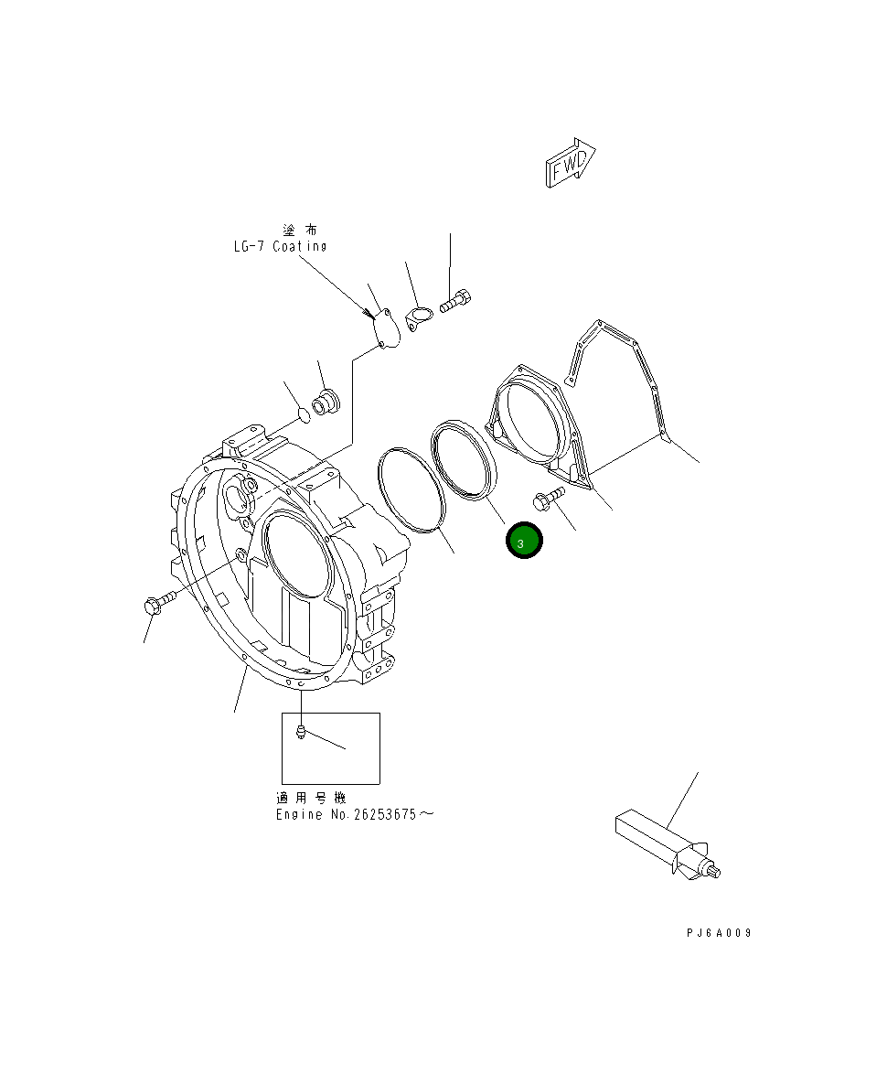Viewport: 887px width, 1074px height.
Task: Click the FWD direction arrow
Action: coord(571,165)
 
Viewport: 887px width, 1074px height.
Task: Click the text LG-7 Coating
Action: coord(279,246)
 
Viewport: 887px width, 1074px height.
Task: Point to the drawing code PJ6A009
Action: coord(719,932)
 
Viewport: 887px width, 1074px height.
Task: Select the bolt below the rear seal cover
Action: coord(548,499)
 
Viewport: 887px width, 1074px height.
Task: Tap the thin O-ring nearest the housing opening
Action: coord(410,489)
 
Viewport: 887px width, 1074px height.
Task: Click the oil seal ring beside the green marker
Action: coord(465,461)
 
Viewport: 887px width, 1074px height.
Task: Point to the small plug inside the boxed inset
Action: coord(301,730)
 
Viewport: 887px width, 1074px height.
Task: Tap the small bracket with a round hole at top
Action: coord(419,320)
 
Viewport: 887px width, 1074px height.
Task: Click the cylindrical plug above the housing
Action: coord(326,403)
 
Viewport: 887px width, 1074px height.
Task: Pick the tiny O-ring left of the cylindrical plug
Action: coord(303,418)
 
